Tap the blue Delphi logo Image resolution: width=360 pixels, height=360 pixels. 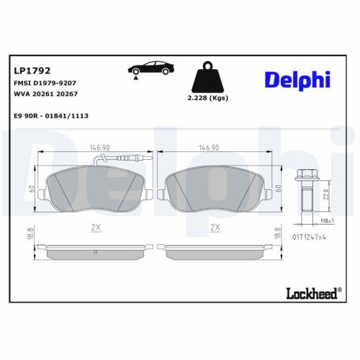297,80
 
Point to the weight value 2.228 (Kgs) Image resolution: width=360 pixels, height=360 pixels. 207,99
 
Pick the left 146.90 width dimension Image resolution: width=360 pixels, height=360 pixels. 99,148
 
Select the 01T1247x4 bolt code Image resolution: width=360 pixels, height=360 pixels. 310,235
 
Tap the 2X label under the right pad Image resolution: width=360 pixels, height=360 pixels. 215,227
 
